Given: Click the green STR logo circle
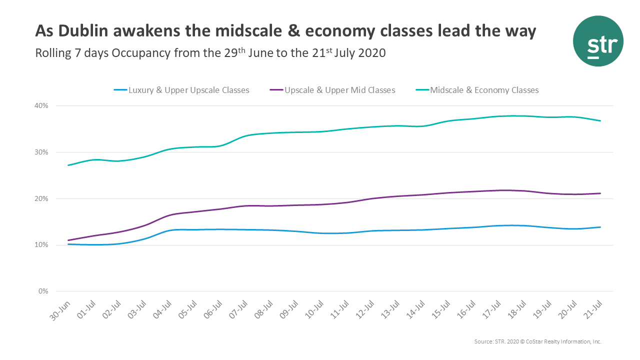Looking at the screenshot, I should [x=598, y=41].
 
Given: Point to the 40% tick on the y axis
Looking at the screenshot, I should [x=41, y=106].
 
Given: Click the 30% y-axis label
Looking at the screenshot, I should [x=41, y=152].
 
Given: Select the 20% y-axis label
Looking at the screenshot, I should [x=41, y=199].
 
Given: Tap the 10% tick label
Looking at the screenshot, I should [x=41, y=245].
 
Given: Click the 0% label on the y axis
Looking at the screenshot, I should [x=43, y=291].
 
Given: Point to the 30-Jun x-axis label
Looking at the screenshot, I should [x=60, y=311].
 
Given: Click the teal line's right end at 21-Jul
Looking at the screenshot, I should [x=600, y=120].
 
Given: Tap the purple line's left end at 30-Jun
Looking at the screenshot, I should [x=68, y=240].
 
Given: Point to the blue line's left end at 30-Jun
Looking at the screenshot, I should [x=68, y=244].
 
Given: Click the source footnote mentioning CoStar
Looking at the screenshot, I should [x=537, y=341].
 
